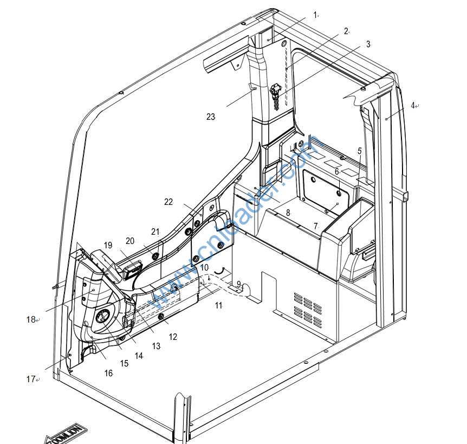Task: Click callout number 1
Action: click(x=314, y=15)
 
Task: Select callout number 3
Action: click(x=368, y=44)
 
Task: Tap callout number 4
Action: click(x=412, y=105)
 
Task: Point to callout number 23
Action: click(x=210, y=117)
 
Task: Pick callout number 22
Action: click(x=168, y=202)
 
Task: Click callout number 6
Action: click(x=336, y=171)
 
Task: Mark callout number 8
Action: click(x=288, y=213)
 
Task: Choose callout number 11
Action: click(x=218, y=306)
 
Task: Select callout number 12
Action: click(x=173, y=337)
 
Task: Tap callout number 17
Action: click(x=31, y=379)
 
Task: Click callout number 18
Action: click(x=31, y=319)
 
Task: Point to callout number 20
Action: click(x=130, y=241)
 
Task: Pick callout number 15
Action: click(x=124, y=364)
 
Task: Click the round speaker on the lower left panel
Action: click(x=103, y=318)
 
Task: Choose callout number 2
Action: click(x=346, y=31)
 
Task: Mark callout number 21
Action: click(x=155, y=232)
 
